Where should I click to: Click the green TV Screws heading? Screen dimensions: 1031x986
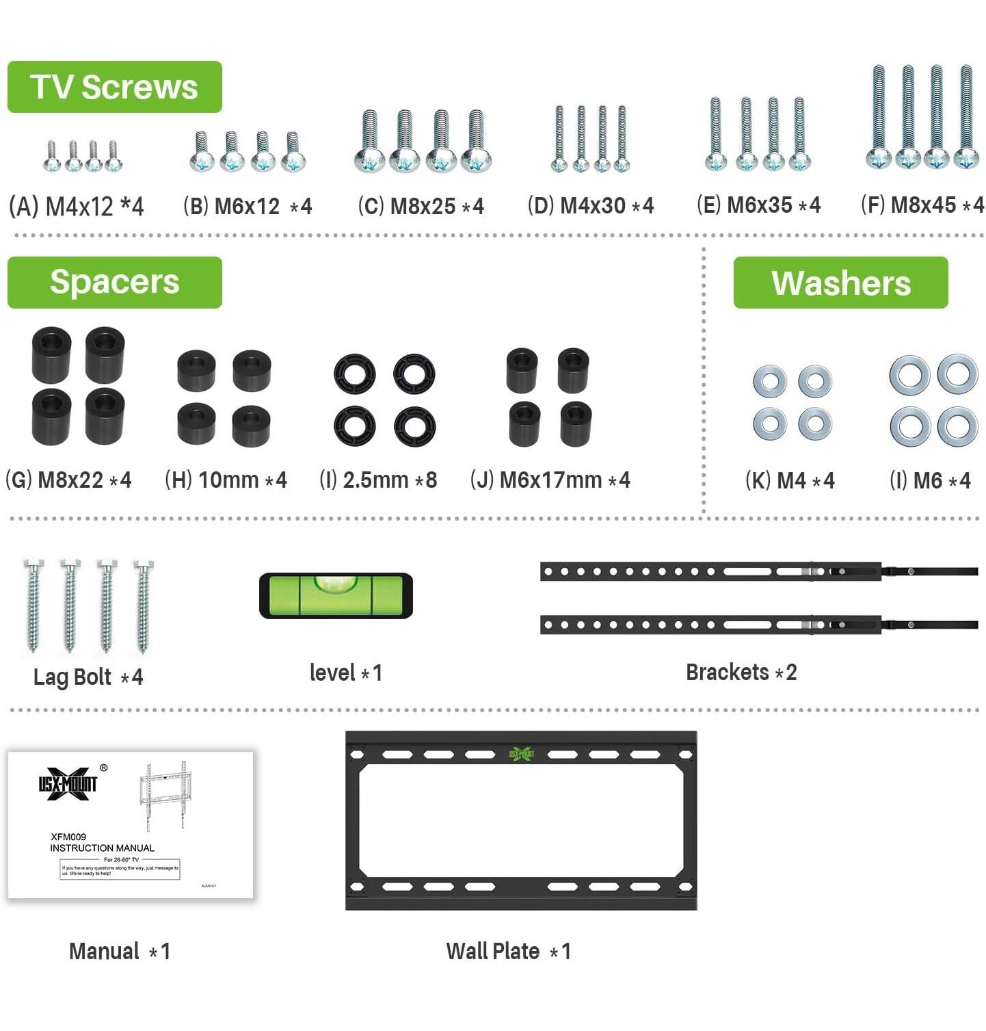coord(114,87)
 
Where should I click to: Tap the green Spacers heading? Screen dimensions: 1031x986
coord(114,283)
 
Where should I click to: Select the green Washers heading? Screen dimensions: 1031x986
coord(840,283)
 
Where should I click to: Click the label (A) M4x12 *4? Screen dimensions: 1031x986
coord(76,206)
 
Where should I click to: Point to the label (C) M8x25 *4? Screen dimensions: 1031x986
coord(421,206)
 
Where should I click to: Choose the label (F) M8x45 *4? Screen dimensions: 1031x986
coord(922,205)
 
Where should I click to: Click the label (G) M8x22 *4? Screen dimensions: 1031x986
coord(68,480)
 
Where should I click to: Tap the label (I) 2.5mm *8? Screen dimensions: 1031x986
coord(378,480)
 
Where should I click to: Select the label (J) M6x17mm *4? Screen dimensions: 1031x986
coord(550,480)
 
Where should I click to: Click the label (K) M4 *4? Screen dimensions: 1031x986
coord(790,480)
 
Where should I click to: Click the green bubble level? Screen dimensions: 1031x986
coord(336,595)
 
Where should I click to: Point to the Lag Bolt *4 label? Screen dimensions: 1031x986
coord(88,677)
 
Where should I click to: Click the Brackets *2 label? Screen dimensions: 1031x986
coord(741,672)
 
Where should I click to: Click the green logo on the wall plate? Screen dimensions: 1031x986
coord(521,754)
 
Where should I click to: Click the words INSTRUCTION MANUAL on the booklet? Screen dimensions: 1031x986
coord(102,848)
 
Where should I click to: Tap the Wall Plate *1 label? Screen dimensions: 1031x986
coord(508,951)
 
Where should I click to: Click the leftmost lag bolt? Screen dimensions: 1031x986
coord(33,605)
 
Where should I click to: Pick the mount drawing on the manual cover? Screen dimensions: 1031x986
coord(164,794)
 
